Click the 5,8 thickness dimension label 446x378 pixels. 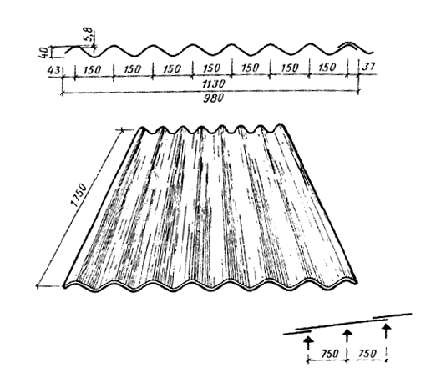(x=89, y=34)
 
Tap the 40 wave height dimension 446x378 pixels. (x=44, y=53)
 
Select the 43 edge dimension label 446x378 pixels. (x=53, y=69)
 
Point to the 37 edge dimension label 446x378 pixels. (x=368, y=67)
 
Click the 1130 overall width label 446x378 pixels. (x=213, y=83)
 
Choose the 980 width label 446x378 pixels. (x=213, y=98)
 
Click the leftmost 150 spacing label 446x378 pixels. (x=93, y=69)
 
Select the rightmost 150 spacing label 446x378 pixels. (x=327, y=68)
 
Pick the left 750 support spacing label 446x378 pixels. (x=330, y=354)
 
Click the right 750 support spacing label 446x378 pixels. (x=367, y=354)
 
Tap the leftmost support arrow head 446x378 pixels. (x=309, y=340)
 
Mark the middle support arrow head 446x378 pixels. (x=347, y=333)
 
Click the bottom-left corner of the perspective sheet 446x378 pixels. (x=63, y=286)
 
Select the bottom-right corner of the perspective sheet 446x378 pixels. (x=357, y=282)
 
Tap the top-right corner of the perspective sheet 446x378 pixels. (x=281, y=125)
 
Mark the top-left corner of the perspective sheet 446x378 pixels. (x=141, y=128)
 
